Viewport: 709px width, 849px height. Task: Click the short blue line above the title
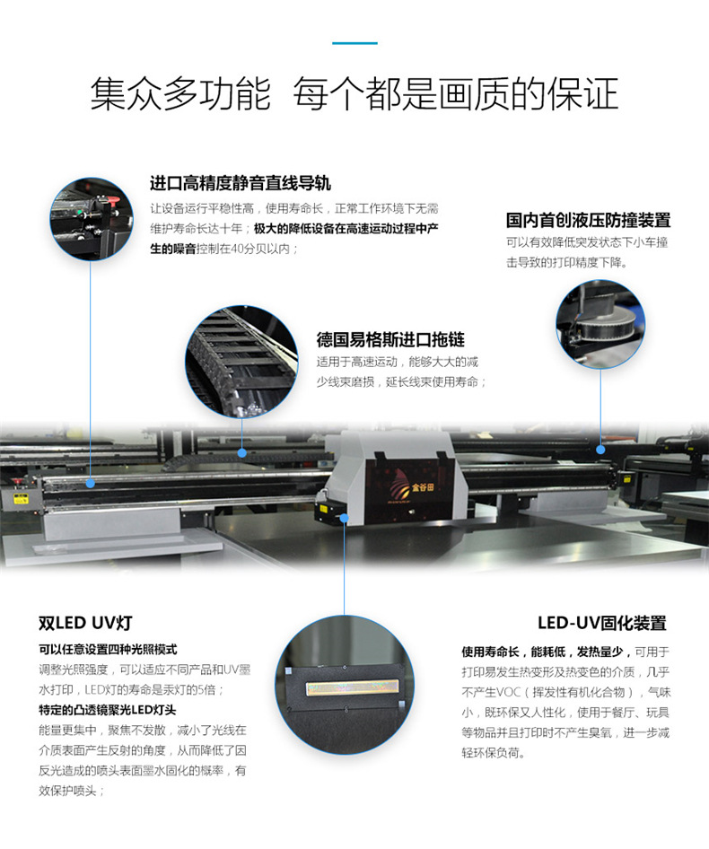pos(354,43)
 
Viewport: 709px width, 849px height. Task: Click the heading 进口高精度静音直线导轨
pos(240,184)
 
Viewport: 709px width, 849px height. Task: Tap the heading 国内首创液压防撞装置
pos(588,221)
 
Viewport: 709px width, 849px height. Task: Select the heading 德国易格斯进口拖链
pos(390,339)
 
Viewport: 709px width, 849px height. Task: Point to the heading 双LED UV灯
pos(85,623)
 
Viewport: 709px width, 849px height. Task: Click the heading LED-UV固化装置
pos(602,623)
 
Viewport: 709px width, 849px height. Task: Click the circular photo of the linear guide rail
pos(91,219)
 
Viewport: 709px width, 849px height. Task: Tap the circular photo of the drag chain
pos(241,361)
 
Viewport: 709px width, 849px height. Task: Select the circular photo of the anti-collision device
pos(600,324)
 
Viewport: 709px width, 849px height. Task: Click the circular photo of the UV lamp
pos(345,685)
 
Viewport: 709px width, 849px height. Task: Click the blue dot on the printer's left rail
pos(91,483)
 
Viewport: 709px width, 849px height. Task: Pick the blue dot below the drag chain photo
pos(242,452)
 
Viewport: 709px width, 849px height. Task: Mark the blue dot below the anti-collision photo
pos(600,450)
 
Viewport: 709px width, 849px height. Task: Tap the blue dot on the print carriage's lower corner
pos(345,519)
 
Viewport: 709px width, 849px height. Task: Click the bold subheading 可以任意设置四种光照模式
pos(108,649)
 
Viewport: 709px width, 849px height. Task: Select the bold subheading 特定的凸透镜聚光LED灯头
pos(107,710)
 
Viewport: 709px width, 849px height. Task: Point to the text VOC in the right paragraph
pos(504,692)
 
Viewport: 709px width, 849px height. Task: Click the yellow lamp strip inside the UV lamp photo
pos(353,687)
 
